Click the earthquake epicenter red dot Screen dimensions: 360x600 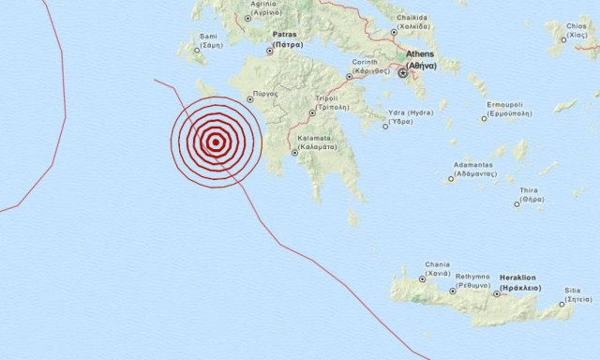tap(216, 142)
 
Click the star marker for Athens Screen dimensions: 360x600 tap(403, 71)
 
